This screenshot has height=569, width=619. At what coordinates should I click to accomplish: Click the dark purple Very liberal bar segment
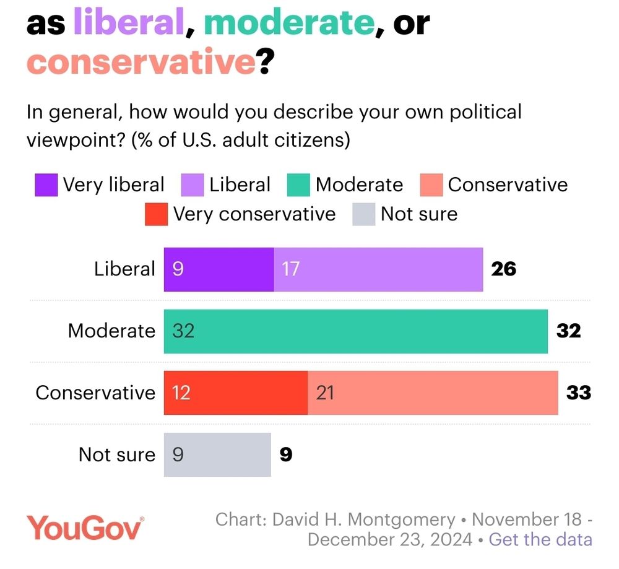click(x=219, y=269)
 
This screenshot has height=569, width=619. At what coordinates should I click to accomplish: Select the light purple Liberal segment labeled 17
click(x=378, y=269)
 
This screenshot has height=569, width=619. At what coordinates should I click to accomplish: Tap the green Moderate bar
click(x=355, y=331)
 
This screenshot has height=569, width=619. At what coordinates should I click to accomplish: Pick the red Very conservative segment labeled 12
click(x=235, y=393)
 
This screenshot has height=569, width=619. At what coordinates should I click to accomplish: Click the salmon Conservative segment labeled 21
click(x=433, y=393)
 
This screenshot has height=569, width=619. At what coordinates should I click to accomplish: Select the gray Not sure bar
click(x=217, y=454)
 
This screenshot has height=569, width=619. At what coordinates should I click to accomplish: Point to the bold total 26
click(x=503, y=269)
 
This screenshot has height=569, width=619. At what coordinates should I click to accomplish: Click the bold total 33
click(x=579, y=393)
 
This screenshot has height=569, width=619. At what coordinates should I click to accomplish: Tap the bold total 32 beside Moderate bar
click(x=568, y=331)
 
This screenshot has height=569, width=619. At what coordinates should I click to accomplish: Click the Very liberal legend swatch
click(x=46, y=185)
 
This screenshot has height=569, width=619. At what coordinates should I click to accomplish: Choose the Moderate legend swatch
click(x=298, y=185)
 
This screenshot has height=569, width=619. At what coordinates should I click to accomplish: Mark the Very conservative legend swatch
click(x=156, y=214)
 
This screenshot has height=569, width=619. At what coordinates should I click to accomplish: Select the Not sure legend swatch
click(x=364, y=214)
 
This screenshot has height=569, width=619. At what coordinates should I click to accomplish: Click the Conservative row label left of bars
click(x=95, y=393)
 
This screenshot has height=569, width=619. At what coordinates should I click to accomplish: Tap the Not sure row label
click(x=117, y=454)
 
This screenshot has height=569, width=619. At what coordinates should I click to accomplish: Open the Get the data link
click(x=540, y=539)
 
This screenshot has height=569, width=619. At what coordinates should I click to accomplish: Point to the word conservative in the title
click(x=141, y=61)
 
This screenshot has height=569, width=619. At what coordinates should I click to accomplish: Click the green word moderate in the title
click(x=289, y=23)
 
